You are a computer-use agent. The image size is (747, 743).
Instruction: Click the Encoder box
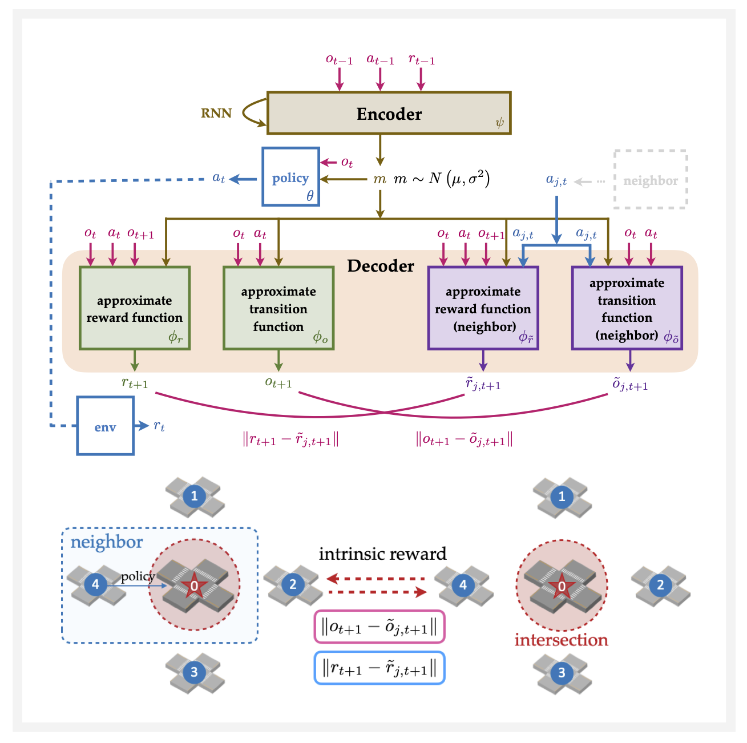pyautogui.click(x=389, y=113)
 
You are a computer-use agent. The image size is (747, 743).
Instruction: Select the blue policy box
pyautogui.click(x=290, y=177)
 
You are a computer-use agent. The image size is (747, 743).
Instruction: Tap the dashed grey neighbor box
pyautogui.click(x=651, y=180)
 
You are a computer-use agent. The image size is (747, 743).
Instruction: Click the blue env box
pyautogui.click(x=106, y=426)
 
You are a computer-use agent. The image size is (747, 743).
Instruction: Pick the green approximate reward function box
pyautogui.click(x=135, y=308)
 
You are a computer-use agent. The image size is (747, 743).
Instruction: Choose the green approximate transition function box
pyautogui.click(x=278, y=308)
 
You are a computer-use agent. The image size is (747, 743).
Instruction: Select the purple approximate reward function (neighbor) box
pyautogui.click(x=483, y=308)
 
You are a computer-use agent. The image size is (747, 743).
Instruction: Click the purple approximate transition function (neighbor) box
pyautogui.click(x=627, y=308)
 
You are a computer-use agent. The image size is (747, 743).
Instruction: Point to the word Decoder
pyautogui.click(x=381, y=266)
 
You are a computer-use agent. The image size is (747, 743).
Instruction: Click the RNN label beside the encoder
pyautogui.click(x=216, y=113)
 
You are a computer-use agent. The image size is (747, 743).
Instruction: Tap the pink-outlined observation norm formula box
pyautogui.click(x=379, y=627)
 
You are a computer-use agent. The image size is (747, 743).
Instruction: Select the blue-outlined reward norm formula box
pyautogui.click(x=379, y=668)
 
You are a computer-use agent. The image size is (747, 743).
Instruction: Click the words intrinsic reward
pyautogui.click(x=382, y=554)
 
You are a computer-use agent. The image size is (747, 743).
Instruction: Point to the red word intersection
pyautogui.click(x=562, y=640)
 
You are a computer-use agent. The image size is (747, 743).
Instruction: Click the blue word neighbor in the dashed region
pyautogui.click(x=107, y=542)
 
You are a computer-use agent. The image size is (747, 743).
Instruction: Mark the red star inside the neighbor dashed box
pyautogui.click(x=194, y=585)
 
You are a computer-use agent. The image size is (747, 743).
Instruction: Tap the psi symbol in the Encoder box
pyautogui.click(x=499, y=122)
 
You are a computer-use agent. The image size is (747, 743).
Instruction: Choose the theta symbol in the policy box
pyautogui.click(x=310, y=196)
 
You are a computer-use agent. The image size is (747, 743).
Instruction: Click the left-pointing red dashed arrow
pyautogui.click(x=377, y=579)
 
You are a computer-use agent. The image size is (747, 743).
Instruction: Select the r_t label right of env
pyautogui.click(x=159, y=426)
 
